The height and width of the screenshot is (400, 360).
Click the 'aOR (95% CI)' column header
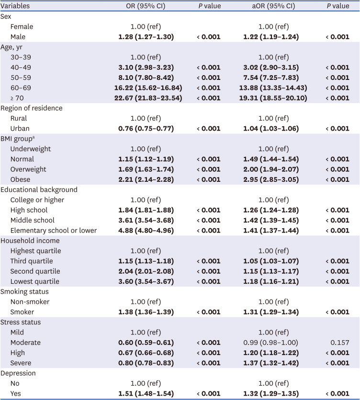pos(274,6)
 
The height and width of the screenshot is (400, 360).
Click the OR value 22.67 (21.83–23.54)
pos(146,98)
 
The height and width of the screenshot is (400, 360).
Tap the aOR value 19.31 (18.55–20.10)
pos(274,98)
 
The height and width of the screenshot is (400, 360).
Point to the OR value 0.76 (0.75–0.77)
pos(146,128)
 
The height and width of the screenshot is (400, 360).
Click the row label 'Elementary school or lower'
pos(54,231)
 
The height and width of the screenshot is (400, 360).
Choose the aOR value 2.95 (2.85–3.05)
pos(274,179)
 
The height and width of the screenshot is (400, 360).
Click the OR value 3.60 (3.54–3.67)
pos(146,281)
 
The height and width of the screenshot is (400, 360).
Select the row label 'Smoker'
pos(22,312)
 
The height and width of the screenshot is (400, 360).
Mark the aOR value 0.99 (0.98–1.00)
pos(274,343)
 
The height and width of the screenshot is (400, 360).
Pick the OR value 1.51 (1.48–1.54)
pos(146,393)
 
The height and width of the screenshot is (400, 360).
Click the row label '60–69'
pos(20,88)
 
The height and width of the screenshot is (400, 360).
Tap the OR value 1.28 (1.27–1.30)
pos(146,36)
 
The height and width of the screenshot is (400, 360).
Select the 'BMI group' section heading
pos(20,139)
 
